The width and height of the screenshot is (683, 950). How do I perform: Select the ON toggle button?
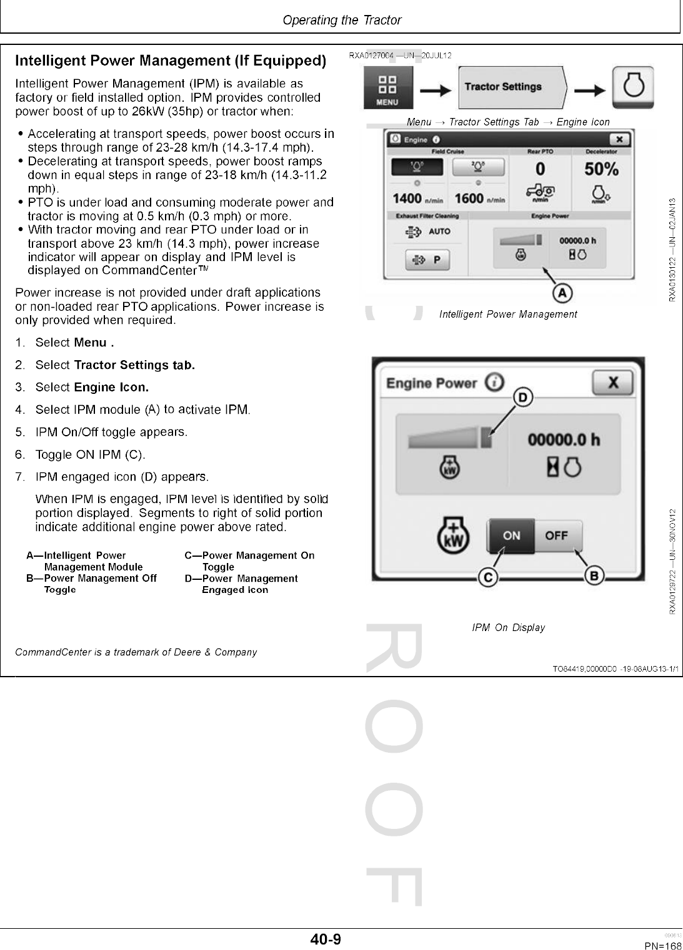tap(511, 536)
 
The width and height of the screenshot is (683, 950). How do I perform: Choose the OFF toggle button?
tap(556, 536)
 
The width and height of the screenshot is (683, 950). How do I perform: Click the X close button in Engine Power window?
tap(612, 382)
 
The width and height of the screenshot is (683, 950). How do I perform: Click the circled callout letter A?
tap(562, 292)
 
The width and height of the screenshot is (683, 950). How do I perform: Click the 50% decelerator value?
tap(601, 169)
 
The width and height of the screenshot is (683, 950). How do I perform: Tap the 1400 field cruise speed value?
tap(407, 198)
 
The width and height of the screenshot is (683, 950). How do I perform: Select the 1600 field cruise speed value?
tap(469, 198)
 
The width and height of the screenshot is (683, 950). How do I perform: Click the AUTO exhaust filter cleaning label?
tap(439, 231)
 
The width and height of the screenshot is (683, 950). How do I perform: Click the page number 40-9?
tap(326, 939)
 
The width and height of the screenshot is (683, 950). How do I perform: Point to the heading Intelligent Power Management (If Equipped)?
tap(171, 61)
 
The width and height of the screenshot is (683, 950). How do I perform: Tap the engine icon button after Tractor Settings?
tap(633, 87)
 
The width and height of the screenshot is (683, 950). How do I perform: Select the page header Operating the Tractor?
tap(342, 20)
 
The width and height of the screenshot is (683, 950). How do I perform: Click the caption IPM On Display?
tap(508, 627)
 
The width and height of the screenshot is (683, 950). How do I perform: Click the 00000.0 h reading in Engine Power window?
tap(564, 440)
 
